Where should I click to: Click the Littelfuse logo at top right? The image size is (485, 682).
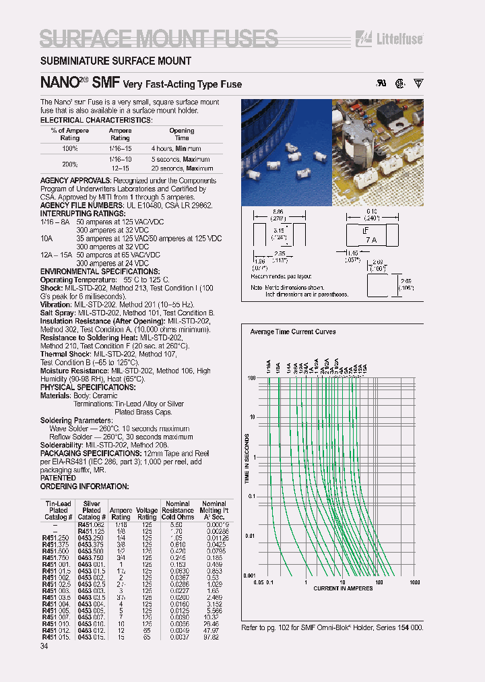[399, 38]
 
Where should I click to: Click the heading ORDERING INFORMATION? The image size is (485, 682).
[84, 486]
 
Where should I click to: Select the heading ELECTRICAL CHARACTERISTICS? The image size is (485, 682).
[96, 119]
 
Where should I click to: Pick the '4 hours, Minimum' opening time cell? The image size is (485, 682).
[176, 148]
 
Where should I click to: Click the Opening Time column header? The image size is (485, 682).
[181, 134]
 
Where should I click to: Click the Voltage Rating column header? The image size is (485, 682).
[147, 514]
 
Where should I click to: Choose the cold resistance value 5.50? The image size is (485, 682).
[176, 524]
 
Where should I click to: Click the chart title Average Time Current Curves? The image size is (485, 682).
[292, 332]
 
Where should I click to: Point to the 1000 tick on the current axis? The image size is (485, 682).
[414, 582]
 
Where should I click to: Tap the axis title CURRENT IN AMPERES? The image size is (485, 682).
[342, 588]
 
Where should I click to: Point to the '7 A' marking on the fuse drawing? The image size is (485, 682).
[370, 240]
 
